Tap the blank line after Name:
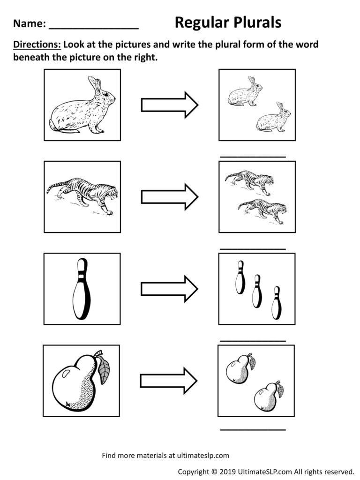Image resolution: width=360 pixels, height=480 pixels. [93, 28]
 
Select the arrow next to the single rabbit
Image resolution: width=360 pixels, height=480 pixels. [170, 105]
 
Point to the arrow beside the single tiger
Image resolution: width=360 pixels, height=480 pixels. [170, 196]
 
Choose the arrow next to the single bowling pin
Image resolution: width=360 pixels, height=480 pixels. [170, 289]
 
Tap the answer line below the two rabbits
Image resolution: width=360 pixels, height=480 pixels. [253, 157]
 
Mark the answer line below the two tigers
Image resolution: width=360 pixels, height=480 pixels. [253, 249]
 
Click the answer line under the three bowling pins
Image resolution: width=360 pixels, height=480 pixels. [253, 341]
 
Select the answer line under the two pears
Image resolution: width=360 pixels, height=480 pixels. [253, 429]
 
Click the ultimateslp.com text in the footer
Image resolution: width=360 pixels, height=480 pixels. [202, 455]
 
